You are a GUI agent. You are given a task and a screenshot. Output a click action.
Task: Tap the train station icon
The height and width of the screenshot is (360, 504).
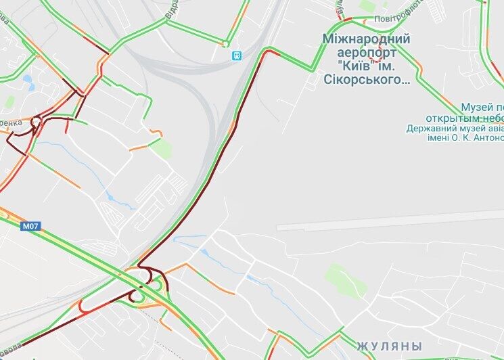(237, 55)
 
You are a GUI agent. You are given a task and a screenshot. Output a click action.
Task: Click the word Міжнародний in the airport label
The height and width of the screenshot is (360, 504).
(366, 39)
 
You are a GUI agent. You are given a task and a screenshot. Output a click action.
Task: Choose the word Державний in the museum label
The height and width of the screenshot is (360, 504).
(432, 129)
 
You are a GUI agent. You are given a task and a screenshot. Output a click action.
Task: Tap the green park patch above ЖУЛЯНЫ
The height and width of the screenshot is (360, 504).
(337, 276)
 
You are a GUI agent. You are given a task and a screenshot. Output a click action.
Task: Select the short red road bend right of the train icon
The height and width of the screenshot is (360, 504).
(271, 53)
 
